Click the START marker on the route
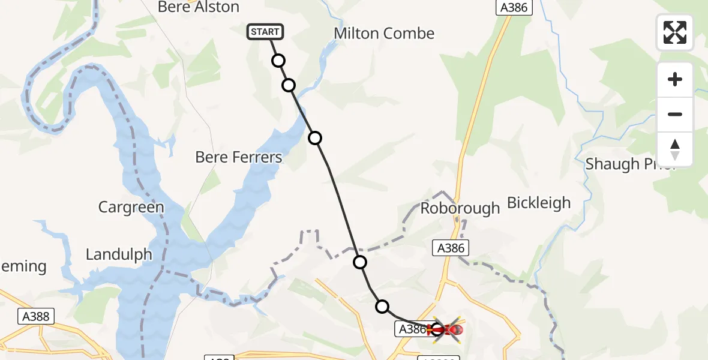265,31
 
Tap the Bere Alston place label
198,7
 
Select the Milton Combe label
384,34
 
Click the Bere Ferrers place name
239,157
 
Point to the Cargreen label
131,208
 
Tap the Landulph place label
119,254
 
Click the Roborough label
460,208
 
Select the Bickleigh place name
539,203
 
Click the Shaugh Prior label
631,164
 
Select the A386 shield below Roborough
451,248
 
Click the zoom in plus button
675,79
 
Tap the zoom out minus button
675,114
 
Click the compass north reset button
675,149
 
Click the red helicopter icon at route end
446,329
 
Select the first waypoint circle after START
278,61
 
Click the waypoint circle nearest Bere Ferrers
315,139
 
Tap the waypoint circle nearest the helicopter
382,307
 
